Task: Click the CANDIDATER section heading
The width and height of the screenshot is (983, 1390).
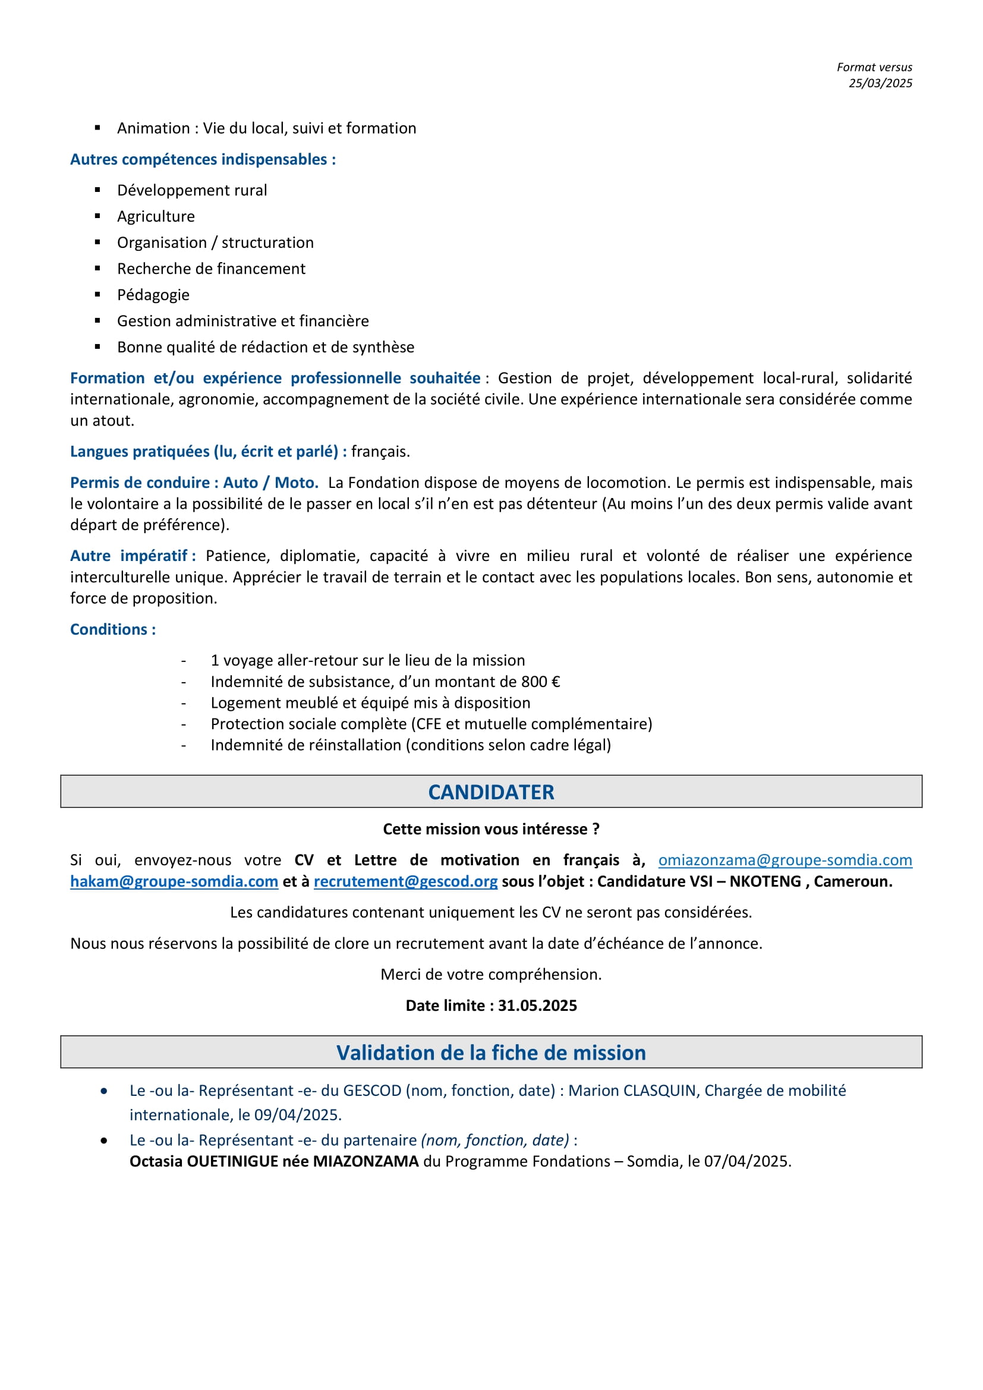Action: point(491,792)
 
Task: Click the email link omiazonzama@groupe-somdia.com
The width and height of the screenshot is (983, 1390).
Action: point(784,860)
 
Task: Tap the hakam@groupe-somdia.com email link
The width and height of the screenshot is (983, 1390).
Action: point(174,881)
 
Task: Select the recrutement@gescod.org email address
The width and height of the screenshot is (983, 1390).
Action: point(405,881)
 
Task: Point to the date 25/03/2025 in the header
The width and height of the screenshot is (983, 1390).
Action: point(880,83)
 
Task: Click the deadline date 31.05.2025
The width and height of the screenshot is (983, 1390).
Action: point(537,1005)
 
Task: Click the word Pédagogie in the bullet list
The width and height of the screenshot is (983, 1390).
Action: point(153,295)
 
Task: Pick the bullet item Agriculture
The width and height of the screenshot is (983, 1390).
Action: point(156,216)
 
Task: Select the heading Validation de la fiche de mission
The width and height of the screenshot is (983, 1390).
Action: point(491,1052)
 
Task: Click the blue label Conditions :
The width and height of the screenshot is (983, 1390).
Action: point(113,629)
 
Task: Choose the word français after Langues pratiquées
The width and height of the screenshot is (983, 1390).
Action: point(380,451)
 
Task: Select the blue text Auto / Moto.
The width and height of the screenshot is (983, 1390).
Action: point(270,483)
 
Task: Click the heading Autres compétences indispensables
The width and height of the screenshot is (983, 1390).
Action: point(203,159)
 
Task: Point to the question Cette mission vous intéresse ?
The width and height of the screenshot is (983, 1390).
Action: point(491,829)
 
